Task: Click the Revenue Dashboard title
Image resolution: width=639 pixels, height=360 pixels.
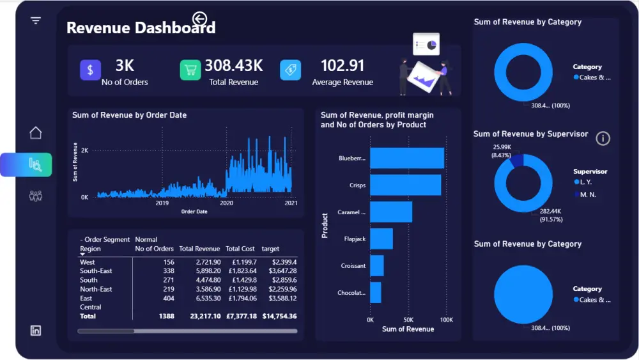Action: point(141,27)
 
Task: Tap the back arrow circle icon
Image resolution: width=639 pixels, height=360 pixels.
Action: point(200,19)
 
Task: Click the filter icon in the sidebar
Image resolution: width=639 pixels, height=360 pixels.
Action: point(36,20)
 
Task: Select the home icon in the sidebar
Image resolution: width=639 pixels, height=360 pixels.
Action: point(36,133)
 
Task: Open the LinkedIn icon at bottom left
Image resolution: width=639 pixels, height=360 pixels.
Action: point(36,331)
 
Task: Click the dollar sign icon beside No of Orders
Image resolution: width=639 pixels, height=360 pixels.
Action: point(91,70)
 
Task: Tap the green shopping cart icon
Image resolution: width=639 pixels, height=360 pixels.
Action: point(190,70)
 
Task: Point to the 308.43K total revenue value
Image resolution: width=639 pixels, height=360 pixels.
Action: point(233,65)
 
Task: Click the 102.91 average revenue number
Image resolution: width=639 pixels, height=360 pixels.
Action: point(342,65)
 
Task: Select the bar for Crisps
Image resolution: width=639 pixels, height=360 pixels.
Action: point(405,185)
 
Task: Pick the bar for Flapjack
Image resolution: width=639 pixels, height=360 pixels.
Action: point(381,239)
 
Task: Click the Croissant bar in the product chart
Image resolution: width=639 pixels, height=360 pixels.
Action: point(377,265)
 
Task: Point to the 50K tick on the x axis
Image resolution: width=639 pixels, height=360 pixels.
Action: point(408,320)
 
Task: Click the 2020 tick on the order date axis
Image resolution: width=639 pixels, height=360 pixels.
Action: point(226,203)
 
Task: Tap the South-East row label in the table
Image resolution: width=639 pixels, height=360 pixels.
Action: point(96,271)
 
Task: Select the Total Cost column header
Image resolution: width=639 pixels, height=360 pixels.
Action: point(240,249)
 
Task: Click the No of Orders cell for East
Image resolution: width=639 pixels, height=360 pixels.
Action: point(168,299)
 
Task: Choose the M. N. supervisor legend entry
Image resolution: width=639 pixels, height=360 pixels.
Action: point(587,194)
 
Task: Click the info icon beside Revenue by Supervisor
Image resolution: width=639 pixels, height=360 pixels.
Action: point(603,138)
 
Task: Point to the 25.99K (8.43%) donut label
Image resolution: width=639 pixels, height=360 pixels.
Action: point(502,151)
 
